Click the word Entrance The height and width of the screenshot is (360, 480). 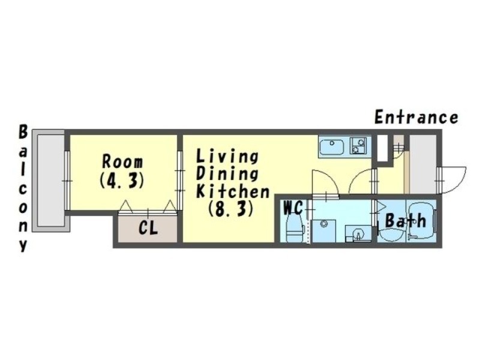[416, 117]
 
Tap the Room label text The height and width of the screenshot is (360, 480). [122, 162]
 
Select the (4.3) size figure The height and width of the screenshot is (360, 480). [122, 181]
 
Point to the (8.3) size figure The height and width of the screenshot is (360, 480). [231, 209]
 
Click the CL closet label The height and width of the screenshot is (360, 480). [148, 228]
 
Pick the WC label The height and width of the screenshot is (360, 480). [293, 208]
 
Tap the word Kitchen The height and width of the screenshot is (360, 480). [233, 191]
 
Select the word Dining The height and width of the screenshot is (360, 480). [227, 174]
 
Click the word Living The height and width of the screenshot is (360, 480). [227, 157]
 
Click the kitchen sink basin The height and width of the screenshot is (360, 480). [332, 147]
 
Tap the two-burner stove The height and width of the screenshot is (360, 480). [358, 146]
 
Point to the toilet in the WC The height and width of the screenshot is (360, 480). [294, 227]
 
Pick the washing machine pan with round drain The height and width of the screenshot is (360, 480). [324, 230]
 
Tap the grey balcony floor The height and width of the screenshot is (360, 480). [50, 180]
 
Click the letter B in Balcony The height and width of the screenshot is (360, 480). [23, 133]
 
